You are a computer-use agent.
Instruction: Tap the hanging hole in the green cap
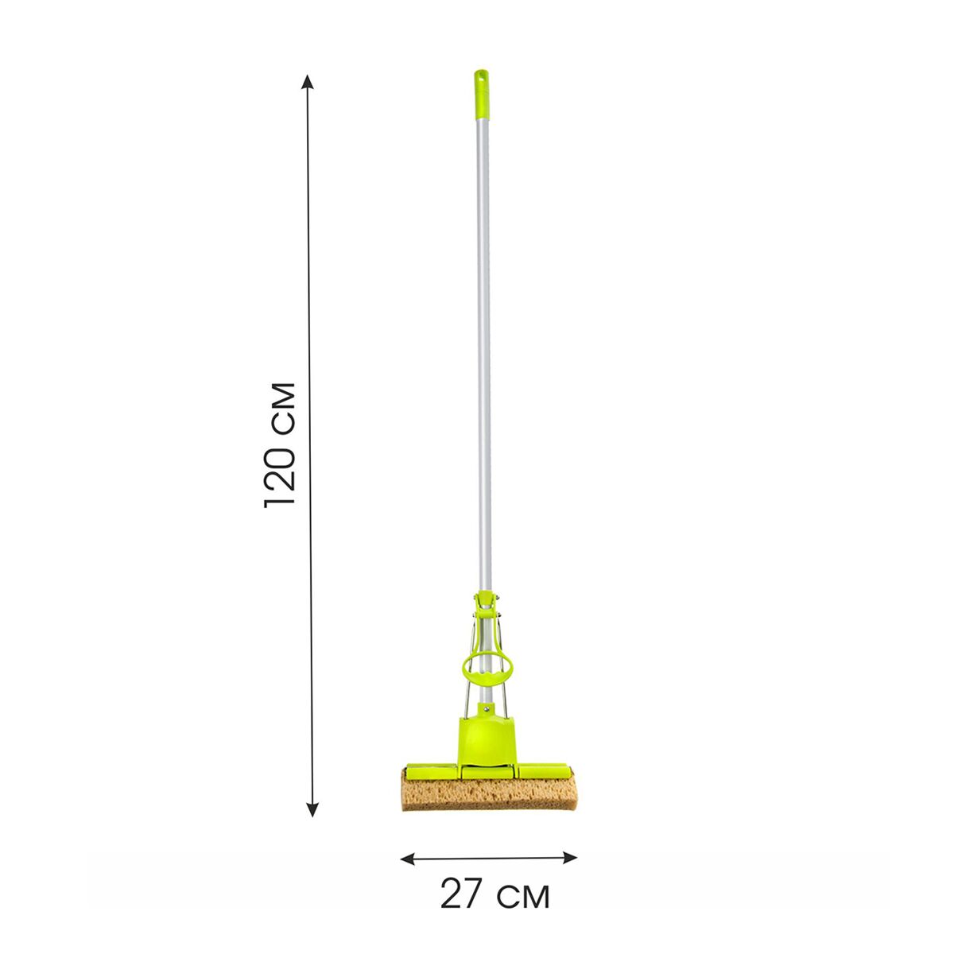pyautogui.click(x=480, y=76)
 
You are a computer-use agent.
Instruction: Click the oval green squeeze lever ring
pyautogui.click(x=487, y=668)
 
